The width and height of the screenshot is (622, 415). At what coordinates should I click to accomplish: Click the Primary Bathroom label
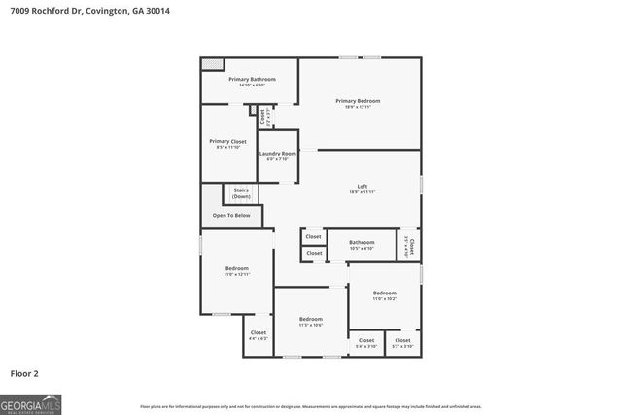click(x=252, y=82)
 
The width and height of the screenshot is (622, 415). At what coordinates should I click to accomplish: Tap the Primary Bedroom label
click(x=358, y=103)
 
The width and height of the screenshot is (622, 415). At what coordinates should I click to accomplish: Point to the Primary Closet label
click(x=227, y=144)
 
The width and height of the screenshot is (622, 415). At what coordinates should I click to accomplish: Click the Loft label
click(x=362, y=189)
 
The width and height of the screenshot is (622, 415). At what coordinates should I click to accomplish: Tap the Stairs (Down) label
click(x=241, y=194)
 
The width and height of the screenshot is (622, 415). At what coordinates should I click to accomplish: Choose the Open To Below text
click(x=231, y=215)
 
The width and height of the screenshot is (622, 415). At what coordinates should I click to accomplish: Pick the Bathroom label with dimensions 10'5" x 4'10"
click(x=362, y=245)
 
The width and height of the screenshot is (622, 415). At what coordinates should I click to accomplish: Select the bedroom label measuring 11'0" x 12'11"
click(x=237, y=271)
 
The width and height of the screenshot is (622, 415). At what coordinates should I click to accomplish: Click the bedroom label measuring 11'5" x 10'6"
click(x=310, y=322)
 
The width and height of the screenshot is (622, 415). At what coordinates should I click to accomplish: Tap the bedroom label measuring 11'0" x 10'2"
click(x=385, y=295)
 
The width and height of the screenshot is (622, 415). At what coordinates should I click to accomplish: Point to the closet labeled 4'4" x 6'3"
click(x=258, y=335)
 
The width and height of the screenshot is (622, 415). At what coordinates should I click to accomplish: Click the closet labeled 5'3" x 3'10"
click(x=402, y=342)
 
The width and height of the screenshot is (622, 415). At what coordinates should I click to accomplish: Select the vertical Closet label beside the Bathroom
click(x=411, y=246)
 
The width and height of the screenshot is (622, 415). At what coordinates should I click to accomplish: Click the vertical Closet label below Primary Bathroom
click(x=263, y=117)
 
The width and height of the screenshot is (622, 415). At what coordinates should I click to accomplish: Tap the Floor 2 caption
click(x=24, y=373)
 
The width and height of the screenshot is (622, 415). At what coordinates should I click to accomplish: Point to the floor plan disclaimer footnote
click(x=311, y=406)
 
